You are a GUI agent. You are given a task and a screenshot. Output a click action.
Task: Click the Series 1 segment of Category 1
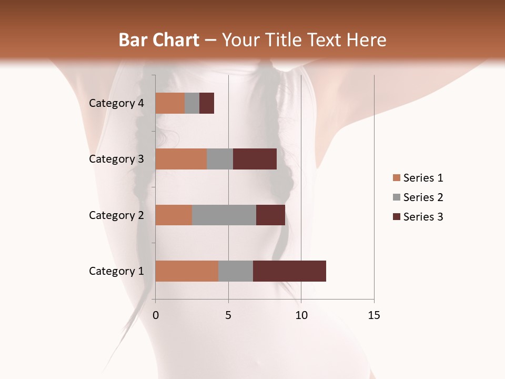[187, 271]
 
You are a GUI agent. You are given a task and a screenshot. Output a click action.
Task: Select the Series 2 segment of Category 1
[236, 271]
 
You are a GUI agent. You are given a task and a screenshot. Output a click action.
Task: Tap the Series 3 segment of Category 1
[289, 271]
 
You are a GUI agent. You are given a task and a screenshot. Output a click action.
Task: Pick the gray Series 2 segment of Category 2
[224, 215]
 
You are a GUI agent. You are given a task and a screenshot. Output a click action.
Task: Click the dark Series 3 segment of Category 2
[270, 215]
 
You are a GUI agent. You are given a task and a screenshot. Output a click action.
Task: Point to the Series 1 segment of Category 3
[181, 159]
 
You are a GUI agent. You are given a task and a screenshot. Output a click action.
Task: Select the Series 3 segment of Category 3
[255, 159]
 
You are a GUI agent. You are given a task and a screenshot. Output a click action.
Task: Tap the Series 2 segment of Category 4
[192, 103]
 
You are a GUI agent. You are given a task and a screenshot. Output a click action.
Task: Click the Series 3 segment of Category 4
[207, 103]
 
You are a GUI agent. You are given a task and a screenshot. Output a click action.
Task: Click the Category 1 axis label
[116, 271]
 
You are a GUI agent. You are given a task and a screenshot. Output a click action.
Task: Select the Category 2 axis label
[116, 215]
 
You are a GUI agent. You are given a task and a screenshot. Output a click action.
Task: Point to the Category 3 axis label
[116, 159]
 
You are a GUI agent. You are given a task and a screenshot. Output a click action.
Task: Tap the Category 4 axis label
[116, 103]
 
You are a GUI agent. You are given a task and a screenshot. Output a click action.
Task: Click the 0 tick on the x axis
[156, 315]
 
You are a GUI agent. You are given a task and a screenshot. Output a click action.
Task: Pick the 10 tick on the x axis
[301, 315]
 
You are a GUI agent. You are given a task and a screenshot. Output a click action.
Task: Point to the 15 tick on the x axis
[373, 315]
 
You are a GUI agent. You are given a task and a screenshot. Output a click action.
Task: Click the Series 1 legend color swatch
[396, 178]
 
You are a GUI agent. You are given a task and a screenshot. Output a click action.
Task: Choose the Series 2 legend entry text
[423, 197]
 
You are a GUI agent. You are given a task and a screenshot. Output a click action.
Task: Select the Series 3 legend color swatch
[396, 217]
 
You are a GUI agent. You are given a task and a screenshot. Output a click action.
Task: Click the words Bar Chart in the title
[159, 40]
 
